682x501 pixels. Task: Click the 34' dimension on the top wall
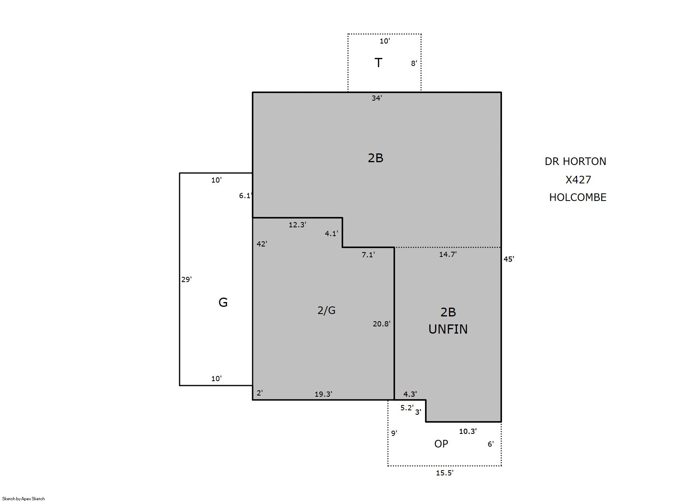[x=377, y=98]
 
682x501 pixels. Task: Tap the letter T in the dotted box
[x=378, y=63]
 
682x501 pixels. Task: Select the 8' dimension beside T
[x=414, y=64]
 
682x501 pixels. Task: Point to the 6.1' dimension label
[x=246, y=196]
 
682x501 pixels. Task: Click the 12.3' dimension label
[x=297, y=225]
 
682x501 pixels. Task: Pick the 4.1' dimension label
[x=332, y=233]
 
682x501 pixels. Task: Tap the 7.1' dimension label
[x=368, y=254]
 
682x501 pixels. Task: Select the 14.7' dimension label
[x=448, y=254]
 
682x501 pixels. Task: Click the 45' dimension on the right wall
[x=509, y=259]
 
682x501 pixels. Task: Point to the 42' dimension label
[x=262, y=244]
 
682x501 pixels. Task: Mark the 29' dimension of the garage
[x=187, y=279]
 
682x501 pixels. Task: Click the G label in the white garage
[x=223, y=302]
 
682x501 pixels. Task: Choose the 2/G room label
[x=326, y=310]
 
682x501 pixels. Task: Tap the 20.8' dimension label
[x=382, y=324]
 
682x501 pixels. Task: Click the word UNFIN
[x=448, y=329]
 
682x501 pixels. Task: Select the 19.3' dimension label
[x=323, y=394]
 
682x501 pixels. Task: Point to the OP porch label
[x=441, y=444]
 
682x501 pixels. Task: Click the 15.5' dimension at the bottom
[x=445, y=473]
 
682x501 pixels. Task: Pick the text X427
[x=578, y=180]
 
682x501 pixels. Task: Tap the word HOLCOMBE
[x=578, y=197]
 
